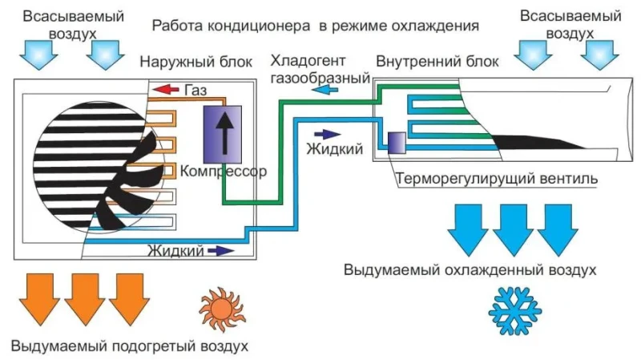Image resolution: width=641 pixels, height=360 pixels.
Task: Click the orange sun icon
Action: [222, 309]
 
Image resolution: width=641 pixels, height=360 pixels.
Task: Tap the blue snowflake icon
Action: [514, 311]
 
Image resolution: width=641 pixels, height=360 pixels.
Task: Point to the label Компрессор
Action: [224, 171]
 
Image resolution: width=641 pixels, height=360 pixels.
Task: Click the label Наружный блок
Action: [196, 62]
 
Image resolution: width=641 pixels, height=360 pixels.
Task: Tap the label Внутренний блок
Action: [437, 62]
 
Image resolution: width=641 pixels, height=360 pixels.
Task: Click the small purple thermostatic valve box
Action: [397, 143]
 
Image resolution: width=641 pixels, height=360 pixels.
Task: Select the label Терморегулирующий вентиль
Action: [497, 179]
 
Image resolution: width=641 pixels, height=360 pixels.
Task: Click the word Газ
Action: [196, 90]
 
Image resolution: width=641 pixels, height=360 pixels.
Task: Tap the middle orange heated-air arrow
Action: [85, 299]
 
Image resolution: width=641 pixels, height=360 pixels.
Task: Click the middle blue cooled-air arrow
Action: [513, 230]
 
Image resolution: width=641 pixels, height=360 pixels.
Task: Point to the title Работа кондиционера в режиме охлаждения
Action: [315, 26]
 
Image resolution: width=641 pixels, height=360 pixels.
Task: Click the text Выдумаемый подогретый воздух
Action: [130, 346]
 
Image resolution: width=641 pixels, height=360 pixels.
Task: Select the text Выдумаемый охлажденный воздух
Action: [470, 270]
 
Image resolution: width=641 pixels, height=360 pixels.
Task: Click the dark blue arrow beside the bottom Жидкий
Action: [221, 250]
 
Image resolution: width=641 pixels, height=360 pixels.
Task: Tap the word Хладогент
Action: [308, 61]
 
